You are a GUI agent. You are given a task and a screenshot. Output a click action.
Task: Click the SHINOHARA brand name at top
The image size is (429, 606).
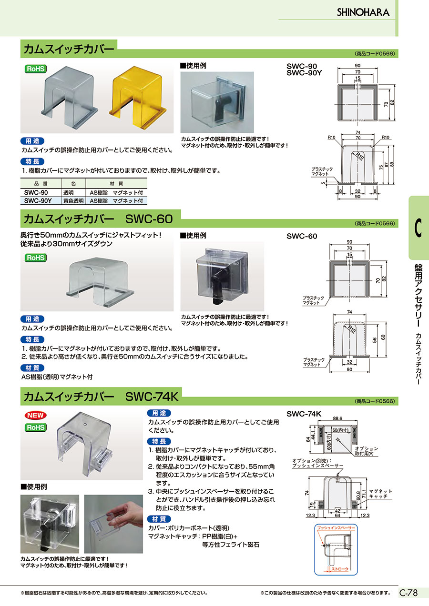click(363, 12)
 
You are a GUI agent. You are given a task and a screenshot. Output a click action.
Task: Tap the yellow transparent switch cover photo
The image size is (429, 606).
click(138, 98)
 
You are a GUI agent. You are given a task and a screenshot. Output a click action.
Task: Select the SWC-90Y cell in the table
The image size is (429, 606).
click(38, 201)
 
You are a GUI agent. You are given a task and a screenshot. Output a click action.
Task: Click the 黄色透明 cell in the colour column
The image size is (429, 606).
click(73, 201)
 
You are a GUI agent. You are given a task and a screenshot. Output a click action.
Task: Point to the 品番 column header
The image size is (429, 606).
click(41, 184)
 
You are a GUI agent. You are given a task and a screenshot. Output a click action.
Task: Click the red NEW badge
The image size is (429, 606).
click(35, 415)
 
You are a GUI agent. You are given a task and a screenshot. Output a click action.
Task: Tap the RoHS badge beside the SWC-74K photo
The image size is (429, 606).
click(35, 427)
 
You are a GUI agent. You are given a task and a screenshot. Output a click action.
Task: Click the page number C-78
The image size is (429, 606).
click(409, 593)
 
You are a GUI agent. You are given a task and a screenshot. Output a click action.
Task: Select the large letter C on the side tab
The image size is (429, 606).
click(418, 228)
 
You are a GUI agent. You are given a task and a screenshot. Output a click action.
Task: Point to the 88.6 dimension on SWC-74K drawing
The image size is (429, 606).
click(337, 418)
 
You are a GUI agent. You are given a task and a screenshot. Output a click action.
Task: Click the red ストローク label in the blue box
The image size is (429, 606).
click(340, 569)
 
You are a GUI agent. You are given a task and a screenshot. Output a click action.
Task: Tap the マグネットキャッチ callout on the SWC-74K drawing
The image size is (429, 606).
click(380, 494)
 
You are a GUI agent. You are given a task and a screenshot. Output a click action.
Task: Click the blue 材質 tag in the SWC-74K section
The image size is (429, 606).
click(159, 519)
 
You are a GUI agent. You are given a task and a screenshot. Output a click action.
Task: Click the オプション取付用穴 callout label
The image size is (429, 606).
click(366, 451)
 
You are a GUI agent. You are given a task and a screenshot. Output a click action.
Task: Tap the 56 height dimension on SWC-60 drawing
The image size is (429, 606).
click(375, 340)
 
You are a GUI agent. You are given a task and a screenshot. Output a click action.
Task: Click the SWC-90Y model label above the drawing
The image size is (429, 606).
click(304, 73)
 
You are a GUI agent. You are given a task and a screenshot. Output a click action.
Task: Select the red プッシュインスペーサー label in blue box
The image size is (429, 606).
click(336, 528)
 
